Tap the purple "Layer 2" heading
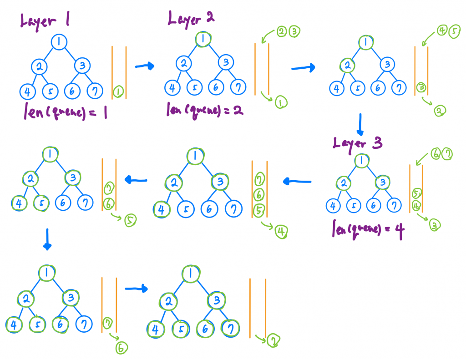coord(191,19)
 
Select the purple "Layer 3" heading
coord(357,143)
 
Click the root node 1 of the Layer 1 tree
coord(59,42)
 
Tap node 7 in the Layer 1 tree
coord(94,91)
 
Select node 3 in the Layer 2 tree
coord(226,62)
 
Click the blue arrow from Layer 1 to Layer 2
coord(145,66)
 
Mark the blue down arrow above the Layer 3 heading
coord(360,125)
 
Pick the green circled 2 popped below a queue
coord(440,111)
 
